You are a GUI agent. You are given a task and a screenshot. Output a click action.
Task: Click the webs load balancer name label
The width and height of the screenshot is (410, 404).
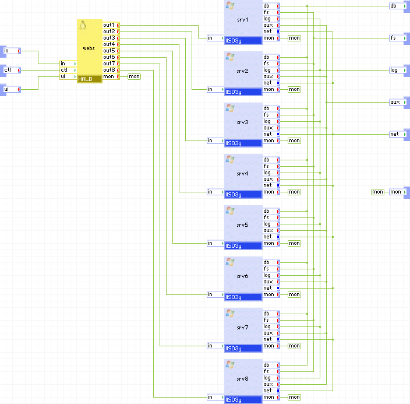pos(89,48)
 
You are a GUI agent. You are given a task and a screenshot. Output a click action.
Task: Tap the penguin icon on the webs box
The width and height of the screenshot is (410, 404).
pos(83,25)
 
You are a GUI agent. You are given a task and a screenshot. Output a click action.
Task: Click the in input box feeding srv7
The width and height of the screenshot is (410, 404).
pos(215,346)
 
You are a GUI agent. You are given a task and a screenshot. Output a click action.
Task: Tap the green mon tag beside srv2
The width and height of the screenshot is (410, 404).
pos(294,89)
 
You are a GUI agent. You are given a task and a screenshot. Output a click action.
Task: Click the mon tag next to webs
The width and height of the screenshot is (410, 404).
pos(134,76)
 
